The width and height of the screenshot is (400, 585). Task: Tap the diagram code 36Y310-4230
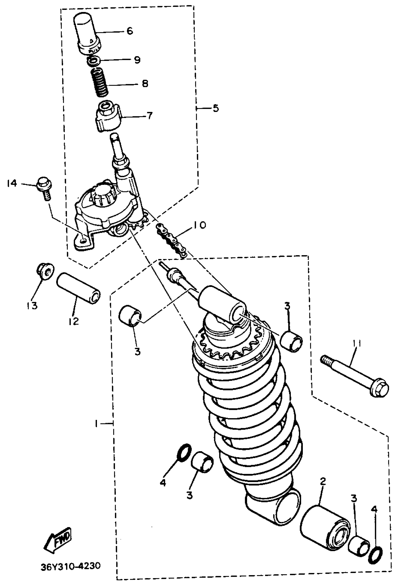coord(71,565)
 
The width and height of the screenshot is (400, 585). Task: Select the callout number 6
coord(129,31)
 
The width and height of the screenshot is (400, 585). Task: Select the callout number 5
coord(216,108)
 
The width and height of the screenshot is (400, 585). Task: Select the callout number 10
coord(200,225)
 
